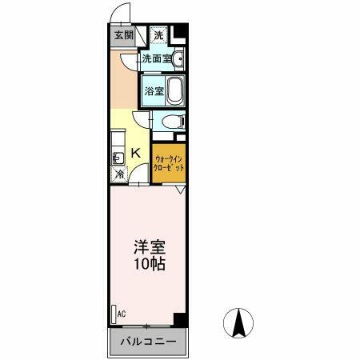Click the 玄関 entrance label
click(x=122, y=36)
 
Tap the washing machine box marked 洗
click(x=158, y=35)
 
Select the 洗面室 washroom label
click(x=156, y=58)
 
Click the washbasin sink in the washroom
click(x=178, y=58)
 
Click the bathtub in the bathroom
click(x=175, y=90)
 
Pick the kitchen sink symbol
click(x=117, y=157)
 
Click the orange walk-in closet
click(x=170, y=164)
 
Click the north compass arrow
click(x=238, y=324)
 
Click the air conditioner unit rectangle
click(x=113, y=314)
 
